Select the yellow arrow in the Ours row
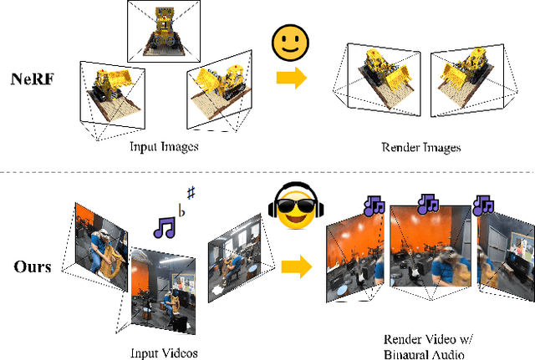[x=291, y=267]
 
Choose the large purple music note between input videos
[x=166, y=226]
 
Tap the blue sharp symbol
[x=191, y=194]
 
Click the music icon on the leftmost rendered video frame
[x=373, y=205]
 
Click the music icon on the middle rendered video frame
[x=429, y=203]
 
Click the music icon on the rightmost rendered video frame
[x=483, y=204]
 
